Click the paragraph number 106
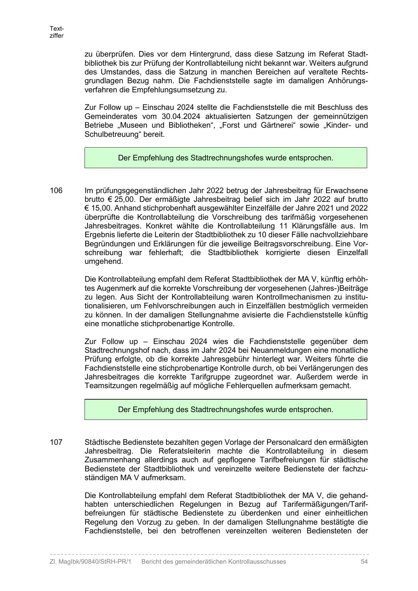coord(56,191)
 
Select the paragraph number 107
coord(56,442)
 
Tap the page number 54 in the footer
coord(364,562)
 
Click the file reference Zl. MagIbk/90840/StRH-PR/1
coord(90,562)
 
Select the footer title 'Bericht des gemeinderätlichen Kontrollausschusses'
coord(214,562)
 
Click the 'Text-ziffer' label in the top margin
coord(57,32)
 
